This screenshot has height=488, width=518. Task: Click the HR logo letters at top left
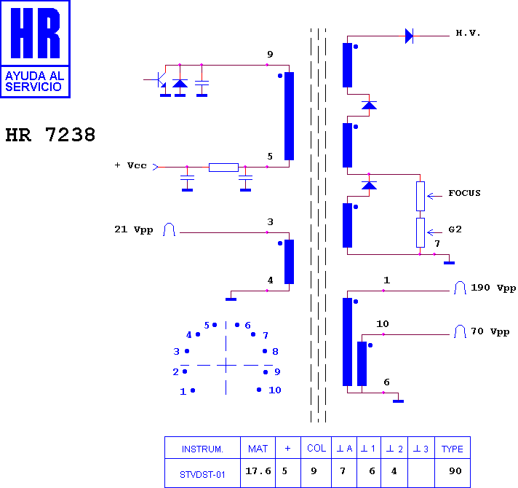point(35,33)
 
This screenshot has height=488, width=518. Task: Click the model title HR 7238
point(50,135)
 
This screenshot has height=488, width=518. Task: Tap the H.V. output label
point(468,33)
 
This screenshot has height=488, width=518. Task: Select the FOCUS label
point(464,193)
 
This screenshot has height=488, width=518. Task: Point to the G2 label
point(455,229)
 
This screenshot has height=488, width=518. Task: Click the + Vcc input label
point(130,165)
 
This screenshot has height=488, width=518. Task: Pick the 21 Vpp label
point(134,229)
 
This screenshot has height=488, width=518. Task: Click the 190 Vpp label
point(493,288)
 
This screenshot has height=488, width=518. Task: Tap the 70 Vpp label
point(490,331)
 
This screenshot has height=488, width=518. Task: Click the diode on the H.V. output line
point(409,36)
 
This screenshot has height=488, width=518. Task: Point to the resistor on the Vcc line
point(223,168)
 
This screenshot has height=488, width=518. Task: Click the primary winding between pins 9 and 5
point(289,116)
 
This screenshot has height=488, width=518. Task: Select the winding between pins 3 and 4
point(289,262)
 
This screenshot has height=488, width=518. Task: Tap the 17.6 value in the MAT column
point(258,471)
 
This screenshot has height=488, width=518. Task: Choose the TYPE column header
point(453,449)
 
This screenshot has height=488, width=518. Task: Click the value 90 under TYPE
point(455,471)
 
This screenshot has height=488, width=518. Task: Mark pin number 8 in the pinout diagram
point(275,352)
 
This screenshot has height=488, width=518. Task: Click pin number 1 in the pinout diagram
point(183,392)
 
